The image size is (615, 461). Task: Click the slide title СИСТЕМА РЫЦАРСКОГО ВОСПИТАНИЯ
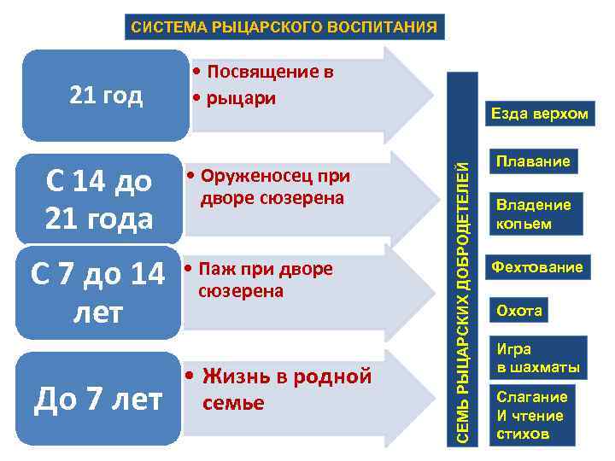(284, 26)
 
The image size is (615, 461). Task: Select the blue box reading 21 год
(106, 96)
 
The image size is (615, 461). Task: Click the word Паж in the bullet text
(213, 269)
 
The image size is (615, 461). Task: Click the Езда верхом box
(538, 114)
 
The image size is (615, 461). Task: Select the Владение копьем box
(534, 213)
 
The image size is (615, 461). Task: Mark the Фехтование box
(536, 267)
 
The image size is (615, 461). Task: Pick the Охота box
(519, 310)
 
